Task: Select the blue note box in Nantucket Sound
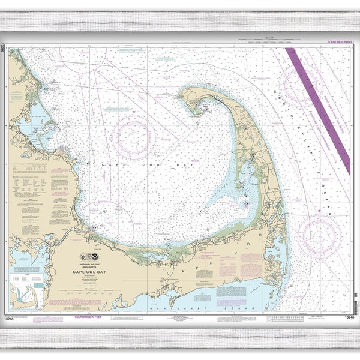point(229,293)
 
